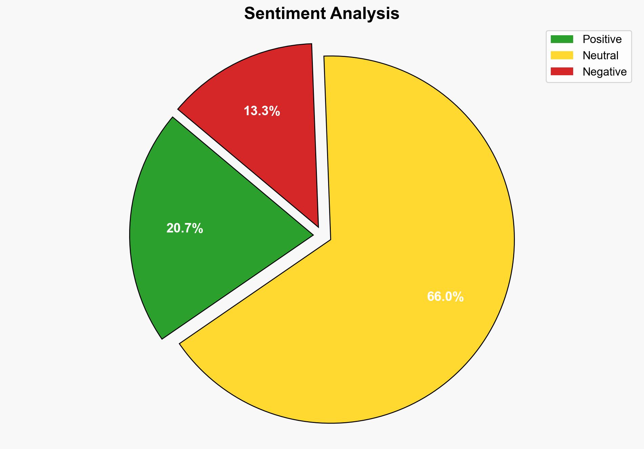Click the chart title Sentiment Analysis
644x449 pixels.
tap(322, 14)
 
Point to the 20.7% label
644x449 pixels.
tap(185, 229)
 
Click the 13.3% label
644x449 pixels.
tap(262, 111)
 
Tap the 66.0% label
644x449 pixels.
tap(445, 297)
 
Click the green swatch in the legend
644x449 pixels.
tap(562, 39)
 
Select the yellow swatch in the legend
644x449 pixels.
tap(562, 55)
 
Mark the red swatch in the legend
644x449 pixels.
tap(562, 72)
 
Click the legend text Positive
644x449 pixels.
tap(602, 39)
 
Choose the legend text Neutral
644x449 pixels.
tap(600, 55)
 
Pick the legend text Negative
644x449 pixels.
tap(604, 72)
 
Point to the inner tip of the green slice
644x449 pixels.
tap(312, 234)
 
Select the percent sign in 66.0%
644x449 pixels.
tap(459, 297)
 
